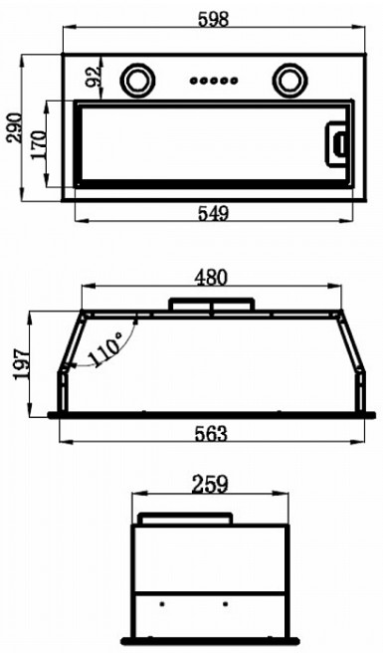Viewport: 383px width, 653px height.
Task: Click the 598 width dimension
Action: pyautogui.click(x=213, y=19)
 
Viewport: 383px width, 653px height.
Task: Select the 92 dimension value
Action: pyautogui.click(x=94, y=77)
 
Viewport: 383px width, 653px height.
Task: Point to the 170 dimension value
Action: pyautogui.click(x=39, y=144)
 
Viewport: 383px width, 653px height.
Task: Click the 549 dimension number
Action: pyautogui.click(x=213, y=213)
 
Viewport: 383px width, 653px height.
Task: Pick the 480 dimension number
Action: pyautogui.click(x=212, y=278)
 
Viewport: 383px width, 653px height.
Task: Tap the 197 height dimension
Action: pyautogui.click(x=22, y=364)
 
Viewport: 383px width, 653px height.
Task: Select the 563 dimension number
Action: pyautogui.click(x=211, y=434)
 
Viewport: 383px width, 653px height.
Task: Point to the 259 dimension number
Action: pyautogui.click(x=210, y=485)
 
